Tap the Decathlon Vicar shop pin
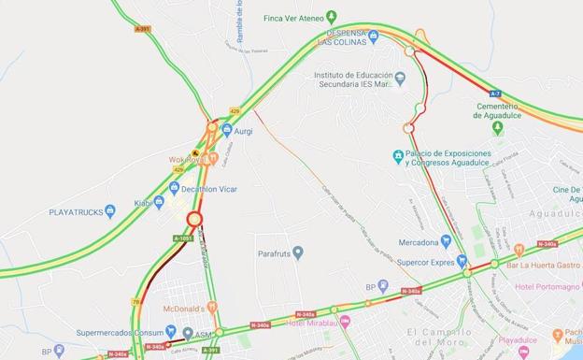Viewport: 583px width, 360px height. tap(172, 189)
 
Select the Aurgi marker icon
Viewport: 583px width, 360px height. tap(227, 130)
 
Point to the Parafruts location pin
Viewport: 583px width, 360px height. tap(298, 252)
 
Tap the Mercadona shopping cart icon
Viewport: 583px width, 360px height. tap(447, 240)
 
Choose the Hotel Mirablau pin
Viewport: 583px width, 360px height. tap(345, 322)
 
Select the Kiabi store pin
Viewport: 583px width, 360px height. tap(160, 201)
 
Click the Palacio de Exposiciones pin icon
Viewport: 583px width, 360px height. tap(398, 156)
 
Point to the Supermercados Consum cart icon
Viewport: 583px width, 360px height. tap(171, 331)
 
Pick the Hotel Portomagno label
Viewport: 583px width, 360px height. tap(546, 286)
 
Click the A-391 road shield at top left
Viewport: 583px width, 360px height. tap(142, 29)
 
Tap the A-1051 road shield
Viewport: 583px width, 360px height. tap(183, 238)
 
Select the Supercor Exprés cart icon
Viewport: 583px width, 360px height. tap(462, 261)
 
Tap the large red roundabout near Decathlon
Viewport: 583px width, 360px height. tap(194, 220)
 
